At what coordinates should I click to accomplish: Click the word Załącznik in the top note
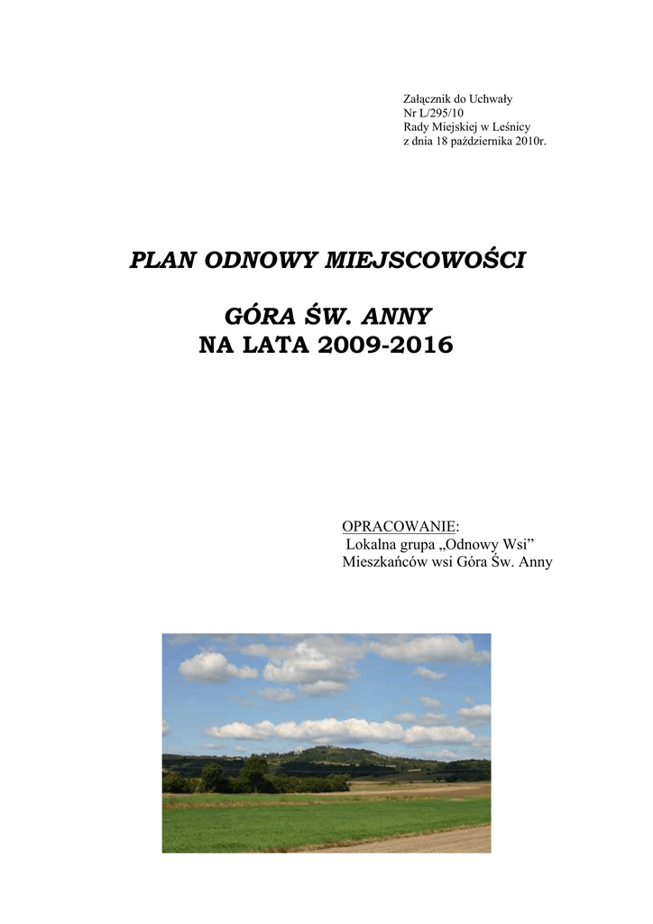pos(425,98)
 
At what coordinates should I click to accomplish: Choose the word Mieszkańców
pos(385,562)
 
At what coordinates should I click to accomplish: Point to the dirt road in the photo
pos(424,842)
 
